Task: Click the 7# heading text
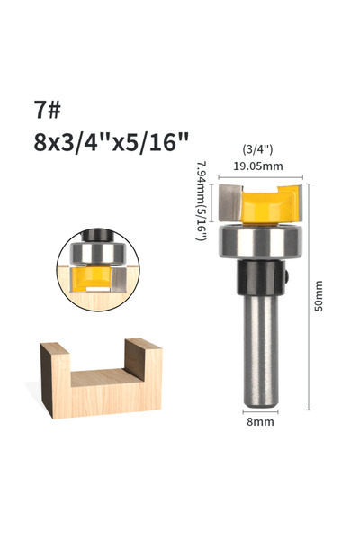click(47, 110)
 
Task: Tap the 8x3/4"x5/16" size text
click(112, 142)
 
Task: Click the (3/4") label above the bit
click(258, 149)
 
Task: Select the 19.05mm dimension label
click(258, 166)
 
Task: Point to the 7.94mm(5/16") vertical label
click(202, 201)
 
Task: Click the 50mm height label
click(319, 296)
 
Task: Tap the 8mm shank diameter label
click(260, 422)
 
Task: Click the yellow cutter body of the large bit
click(268, 205)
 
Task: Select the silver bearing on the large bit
click(261, 241)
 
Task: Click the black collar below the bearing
click(261, 277)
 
